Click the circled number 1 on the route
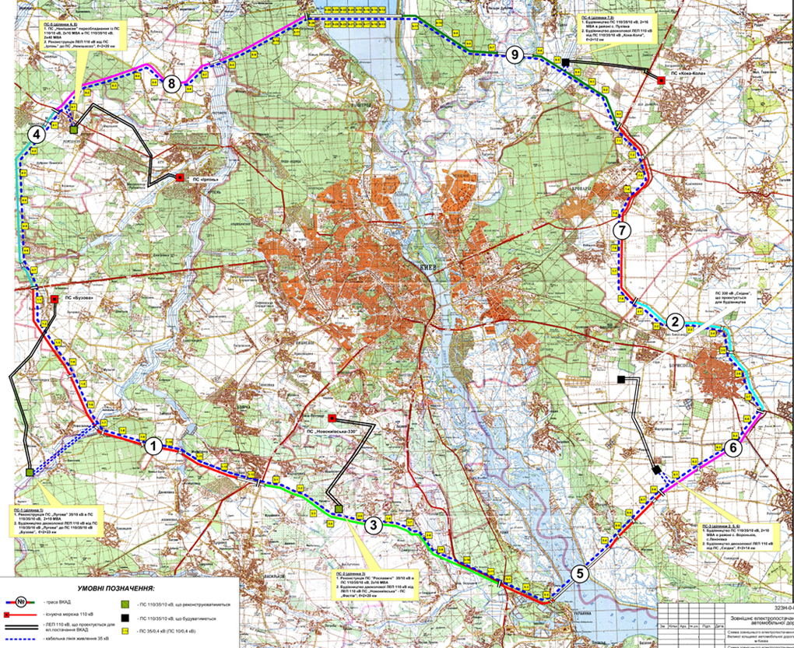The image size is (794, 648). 153,446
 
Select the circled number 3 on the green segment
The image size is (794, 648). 374,524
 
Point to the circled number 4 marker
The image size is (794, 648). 35,135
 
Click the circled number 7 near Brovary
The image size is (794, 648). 620,230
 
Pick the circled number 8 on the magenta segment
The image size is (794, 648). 173,85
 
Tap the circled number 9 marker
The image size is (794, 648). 513,54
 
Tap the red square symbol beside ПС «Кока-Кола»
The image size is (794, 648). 661,79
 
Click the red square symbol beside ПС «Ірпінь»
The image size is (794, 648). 181,177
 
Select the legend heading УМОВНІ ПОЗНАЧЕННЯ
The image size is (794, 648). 117,589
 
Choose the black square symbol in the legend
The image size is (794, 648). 124,618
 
